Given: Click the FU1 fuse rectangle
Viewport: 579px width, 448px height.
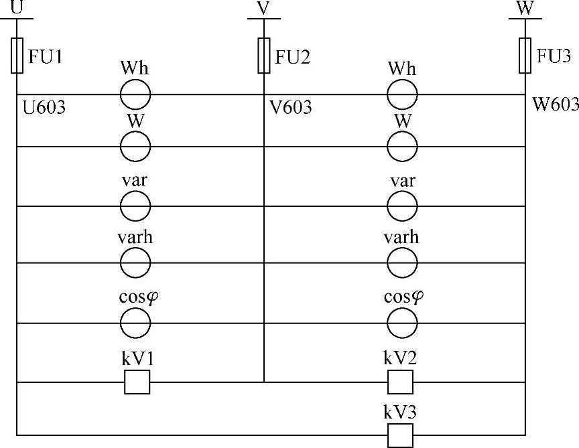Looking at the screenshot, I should tap(17, 55).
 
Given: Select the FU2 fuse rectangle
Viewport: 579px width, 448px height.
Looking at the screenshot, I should tap(264, 55).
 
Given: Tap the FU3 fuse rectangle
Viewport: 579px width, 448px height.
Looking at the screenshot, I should tap(525, 55).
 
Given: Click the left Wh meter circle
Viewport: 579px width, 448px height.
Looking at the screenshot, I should tap(135, 94).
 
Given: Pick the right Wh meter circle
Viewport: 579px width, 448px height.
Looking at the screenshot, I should tap(402, 94).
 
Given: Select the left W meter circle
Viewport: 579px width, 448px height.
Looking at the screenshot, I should tap(135, 145).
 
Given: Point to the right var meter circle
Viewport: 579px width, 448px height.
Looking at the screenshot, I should tap(402, 206).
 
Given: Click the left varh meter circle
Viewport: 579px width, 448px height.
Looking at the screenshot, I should tap(135, 263).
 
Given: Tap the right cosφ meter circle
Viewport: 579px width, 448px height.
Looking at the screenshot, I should tap(402, 323).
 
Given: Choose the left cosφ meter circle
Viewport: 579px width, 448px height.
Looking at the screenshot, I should tap(135, 323).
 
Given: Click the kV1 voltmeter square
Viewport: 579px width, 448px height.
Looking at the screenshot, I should tap(137, 382).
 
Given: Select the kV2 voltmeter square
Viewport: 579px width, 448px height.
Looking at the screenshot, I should tap(401, 382).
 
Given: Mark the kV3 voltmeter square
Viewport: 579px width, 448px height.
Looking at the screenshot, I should tap(401, 435).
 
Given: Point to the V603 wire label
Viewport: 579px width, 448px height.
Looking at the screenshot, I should tap(291, 108).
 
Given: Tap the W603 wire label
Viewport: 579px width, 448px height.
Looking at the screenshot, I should tap(555, 104).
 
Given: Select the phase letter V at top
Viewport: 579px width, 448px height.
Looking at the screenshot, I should tap(263, 8).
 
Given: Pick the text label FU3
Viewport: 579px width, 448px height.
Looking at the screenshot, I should tap(554, 56).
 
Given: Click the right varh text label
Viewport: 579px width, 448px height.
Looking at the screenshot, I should tap(401, 238).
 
